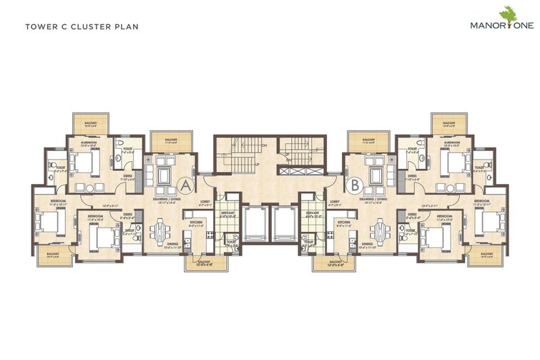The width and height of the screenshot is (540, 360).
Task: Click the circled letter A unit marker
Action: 185,185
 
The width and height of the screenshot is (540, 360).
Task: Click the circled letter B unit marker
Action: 354,185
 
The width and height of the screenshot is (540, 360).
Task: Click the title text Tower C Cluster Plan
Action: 82,27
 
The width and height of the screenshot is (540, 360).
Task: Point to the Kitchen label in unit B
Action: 343,223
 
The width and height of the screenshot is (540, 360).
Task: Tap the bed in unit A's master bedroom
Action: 84,165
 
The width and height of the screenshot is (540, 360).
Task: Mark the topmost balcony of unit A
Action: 89,121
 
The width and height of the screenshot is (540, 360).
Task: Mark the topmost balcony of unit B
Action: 450,121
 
